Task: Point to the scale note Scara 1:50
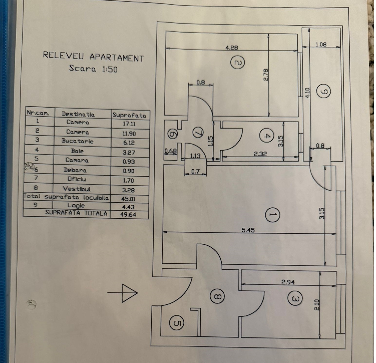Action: (93, 69)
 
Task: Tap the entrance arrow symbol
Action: (123, 293)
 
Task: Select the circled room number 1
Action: (272, 215)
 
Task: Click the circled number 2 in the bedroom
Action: (238, 62)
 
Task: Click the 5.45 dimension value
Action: (248, 230)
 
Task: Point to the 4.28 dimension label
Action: (232, 48)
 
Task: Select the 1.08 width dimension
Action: (321, 45)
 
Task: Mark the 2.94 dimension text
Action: (288, 282)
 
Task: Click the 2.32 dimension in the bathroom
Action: (260, 154)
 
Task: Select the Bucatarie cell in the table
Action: (77, 141)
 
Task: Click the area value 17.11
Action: (129, 124)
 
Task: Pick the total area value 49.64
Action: (128, 215)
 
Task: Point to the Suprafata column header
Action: (129, 115)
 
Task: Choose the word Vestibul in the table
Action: (77, 189)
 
